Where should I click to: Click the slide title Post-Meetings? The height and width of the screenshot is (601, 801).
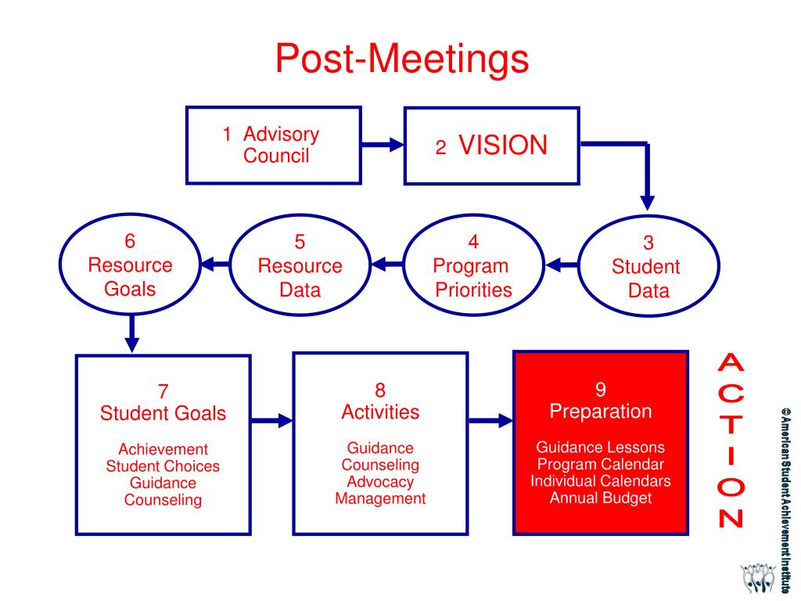(401, 59)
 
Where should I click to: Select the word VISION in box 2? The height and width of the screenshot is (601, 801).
(503, 146)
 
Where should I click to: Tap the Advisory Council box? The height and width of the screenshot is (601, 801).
(274, 146)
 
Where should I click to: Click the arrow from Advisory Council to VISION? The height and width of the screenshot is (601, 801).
(383, 145)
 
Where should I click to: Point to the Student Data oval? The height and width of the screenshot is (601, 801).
(646, 266)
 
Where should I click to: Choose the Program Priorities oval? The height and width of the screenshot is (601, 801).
(473, 266)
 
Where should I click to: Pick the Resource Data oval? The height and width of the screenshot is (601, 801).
(300, 266)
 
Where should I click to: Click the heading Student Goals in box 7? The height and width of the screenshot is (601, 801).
(163, 413)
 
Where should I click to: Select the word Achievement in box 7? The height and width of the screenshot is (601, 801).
(163, 449)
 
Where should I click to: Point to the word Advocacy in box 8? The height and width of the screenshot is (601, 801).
(380, 482)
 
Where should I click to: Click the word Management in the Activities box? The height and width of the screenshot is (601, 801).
(380, 499)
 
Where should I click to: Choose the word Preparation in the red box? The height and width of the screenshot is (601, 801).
(600, 412)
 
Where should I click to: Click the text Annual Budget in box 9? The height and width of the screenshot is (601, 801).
(600, 498)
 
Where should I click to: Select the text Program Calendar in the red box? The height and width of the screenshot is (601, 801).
(600, 465)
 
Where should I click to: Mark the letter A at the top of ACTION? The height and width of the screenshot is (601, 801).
(731, 362)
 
